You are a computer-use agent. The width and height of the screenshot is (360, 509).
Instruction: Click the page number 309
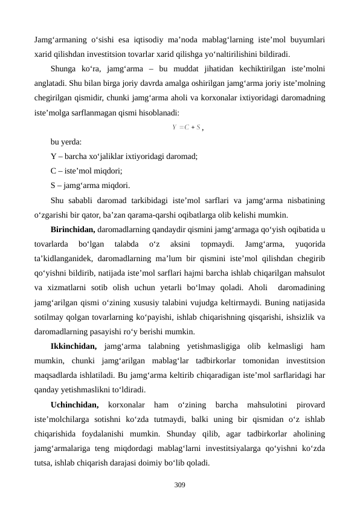[x=179, y=485]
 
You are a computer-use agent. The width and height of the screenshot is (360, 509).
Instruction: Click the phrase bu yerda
[x=67, y=142]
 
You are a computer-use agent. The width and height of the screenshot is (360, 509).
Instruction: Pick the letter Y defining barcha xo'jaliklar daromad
[x=54, y=157]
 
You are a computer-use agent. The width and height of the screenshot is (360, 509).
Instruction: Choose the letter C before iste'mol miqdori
[x=54, y=171]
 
